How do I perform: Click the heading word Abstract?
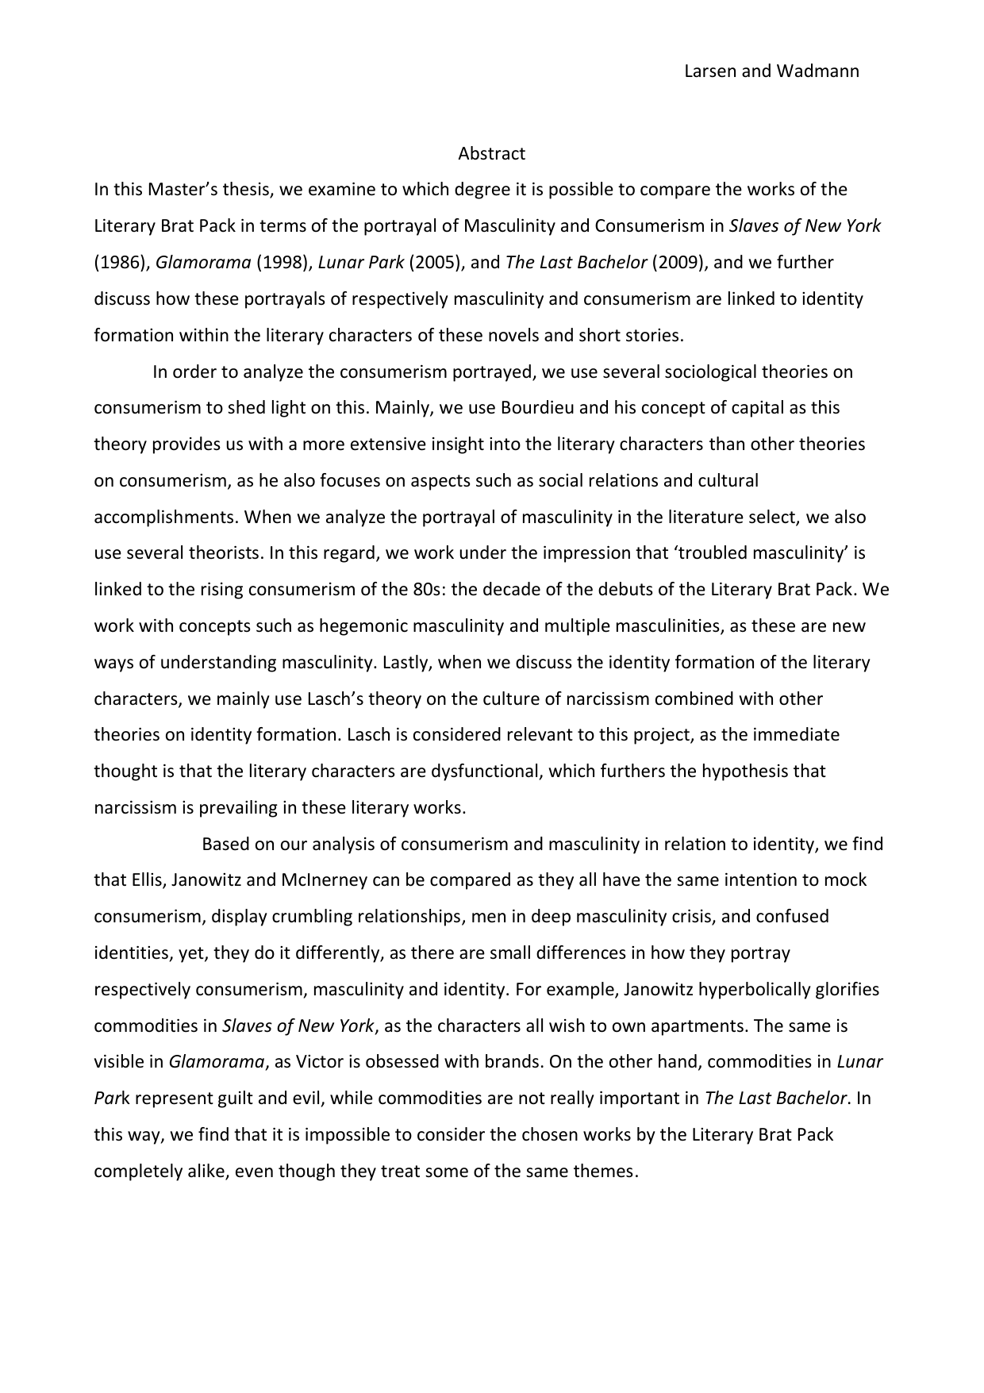pyautogui.click(x=491, y=153)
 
